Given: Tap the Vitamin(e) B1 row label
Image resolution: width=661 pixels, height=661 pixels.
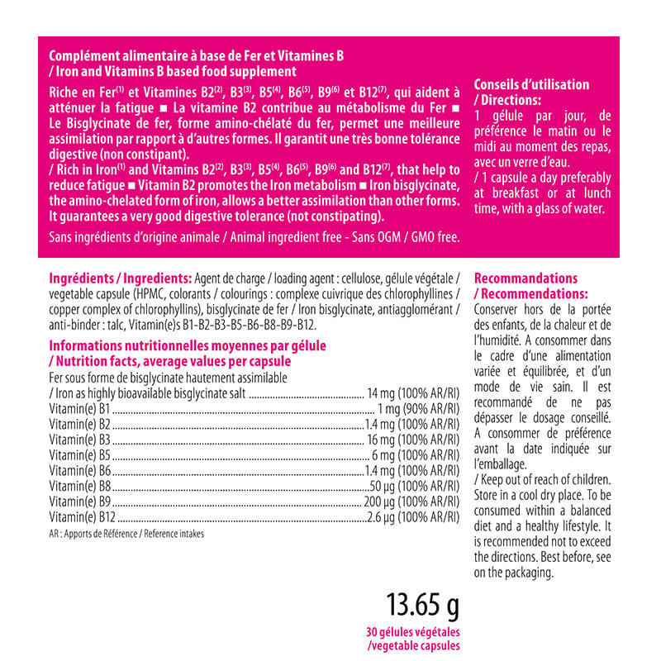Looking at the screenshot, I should pos(79,407).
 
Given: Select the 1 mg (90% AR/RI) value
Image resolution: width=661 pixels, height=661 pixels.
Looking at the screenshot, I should pos(417,407).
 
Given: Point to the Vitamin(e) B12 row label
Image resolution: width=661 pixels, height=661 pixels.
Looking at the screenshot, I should pos(82,517).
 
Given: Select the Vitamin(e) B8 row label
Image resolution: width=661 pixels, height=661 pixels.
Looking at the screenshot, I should pos(79,486).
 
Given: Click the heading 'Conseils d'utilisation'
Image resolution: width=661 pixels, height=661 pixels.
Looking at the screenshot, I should pos(531,84).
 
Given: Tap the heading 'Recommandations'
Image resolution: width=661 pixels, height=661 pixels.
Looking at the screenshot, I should pos(525,278).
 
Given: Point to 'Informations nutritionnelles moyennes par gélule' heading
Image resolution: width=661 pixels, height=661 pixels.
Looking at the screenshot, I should pos(188,345).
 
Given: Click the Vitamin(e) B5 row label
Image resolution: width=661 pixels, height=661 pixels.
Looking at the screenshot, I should pos(79,454).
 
